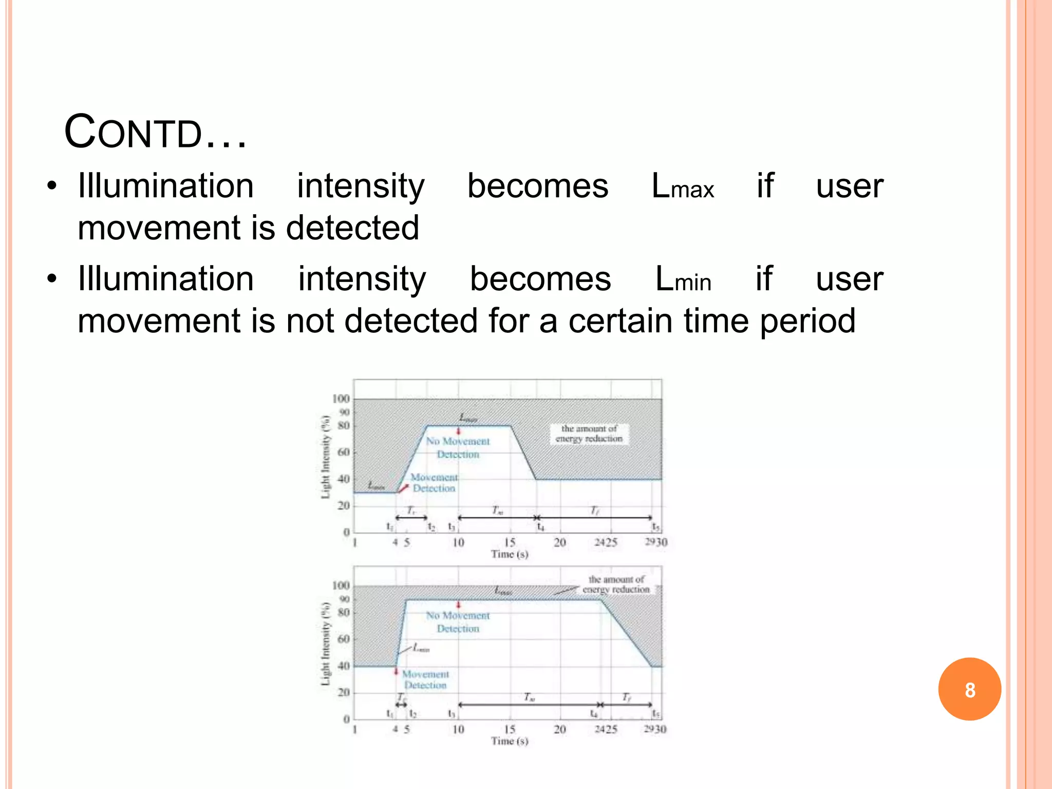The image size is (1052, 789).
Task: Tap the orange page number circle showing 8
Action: (969, 689)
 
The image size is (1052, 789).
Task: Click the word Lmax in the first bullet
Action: (682, 186)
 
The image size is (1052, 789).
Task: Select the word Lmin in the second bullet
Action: (683, 280)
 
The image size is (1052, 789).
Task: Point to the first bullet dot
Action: (51, 186)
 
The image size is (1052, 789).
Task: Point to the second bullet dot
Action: (51, 280)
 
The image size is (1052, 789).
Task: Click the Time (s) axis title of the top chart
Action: (509, 554)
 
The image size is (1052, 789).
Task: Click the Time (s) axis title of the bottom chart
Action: (509, 741)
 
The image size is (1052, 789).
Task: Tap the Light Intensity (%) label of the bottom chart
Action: (325, 644)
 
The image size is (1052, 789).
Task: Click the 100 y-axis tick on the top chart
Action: (341, 399)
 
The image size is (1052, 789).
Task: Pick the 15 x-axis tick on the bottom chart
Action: (509, 729)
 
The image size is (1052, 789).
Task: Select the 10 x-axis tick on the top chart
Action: (458, 542)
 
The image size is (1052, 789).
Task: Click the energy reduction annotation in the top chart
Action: (589, 434)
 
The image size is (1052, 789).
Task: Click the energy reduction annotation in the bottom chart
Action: (616, 585)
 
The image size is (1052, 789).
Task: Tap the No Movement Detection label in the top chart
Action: (458, 447)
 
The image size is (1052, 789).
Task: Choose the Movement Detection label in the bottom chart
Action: (425, 680)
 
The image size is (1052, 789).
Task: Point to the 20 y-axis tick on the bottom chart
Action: (343, 692)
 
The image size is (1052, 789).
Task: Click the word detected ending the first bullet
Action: (352, 228)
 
